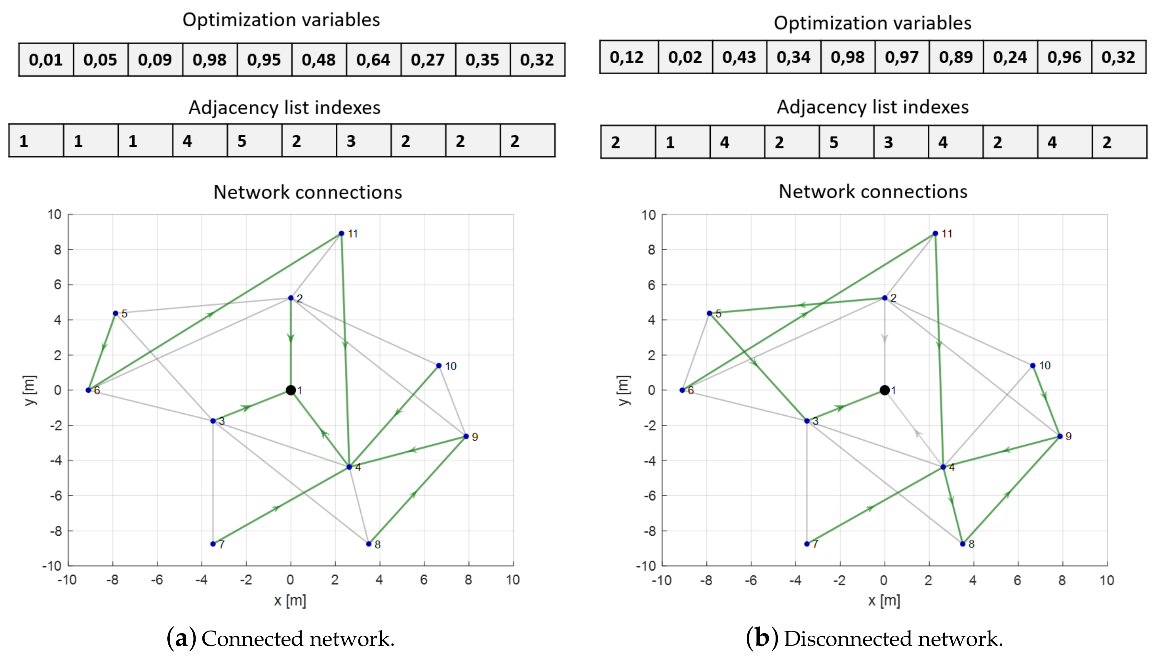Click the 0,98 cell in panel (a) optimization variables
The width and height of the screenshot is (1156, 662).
pyautogui.click(x=210, y=60)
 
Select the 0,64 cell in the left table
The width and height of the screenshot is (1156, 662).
pyautogui.click(x=373, y=60)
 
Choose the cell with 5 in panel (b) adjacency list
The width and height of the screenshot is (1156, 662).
pyautogui.click(x=846, y=142)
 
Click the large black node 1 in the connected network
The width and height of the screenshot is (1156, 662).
pyautogui.click(x=291, y=390)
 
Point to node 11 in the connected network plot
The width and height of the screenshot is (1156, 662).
pyautogui.click(x=341, y=234)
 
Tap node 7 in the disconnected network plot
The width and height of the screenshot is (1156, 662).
pyautogui.click(x=807, y=544)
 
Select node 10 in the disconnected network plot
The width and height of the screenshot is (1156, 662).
pyautogui.click(x=1033, y=365)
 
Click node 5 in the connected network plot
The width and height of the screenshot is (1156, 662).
pyautogui.click(x=115, y=313)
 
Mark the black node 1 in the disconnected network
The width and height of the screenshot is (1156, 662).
pyautogui.click(x=885, y=390)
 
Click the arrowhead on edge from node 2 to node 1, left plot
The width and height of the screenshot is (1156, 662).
pyautogui.click(x=291, y=338)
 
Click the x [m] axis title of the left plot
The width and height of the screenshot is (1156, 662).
pyautogui.click(x=290, y=601)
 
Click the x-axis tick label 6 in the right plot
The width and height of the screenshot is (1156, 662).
pyautogui.click(x=1018, y=580)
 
